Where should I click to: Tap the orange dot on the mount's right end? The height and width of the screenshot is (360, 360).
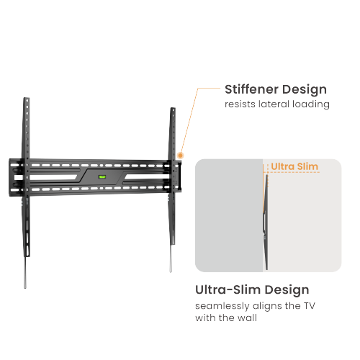[180, 155]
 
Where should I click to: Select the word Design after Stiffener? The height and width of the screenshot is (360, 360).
[303, 90]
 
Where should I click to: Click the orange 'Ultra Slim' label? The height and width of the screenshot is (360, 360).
[294, 166]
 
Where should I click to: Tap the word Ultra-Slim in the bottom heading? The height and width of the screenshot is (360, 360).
[229, 290]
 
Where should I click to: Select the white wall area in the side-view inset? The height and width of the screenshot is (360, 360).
[302, 223]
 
